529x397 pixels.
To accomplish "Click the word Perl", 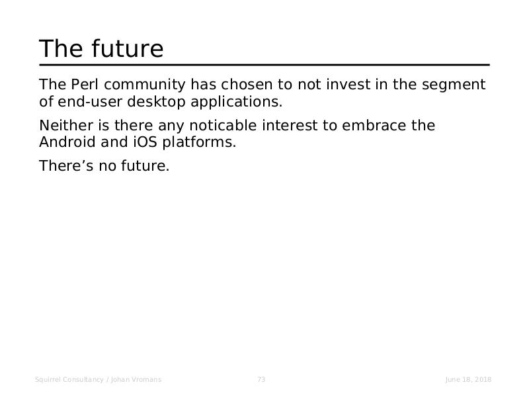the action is (x=85, y=85).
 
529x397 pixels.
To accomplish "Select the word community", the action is (x=145, y=85).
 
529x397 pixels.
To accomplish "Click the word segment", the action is (x=454, y=86).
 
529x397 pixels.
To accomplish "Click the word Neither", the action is (x=66, y=125).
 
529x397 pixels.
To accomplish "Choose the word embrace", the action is (x=374, y=125).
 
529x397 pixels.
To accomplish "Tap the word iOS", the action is (x=145, y=142).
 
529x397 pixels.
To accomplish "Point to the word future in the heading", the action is (x=127, y=48).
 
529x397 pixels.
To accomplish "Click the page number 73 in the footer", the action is (x=261, y=379).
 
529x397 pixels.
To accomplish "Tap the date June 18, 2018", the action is (x=468, y=379).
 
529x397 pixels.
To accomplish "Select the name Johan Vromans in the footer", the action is (x=136, y=379).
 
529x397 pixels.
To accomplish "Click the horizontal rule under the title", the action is (x=264, y=65).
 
